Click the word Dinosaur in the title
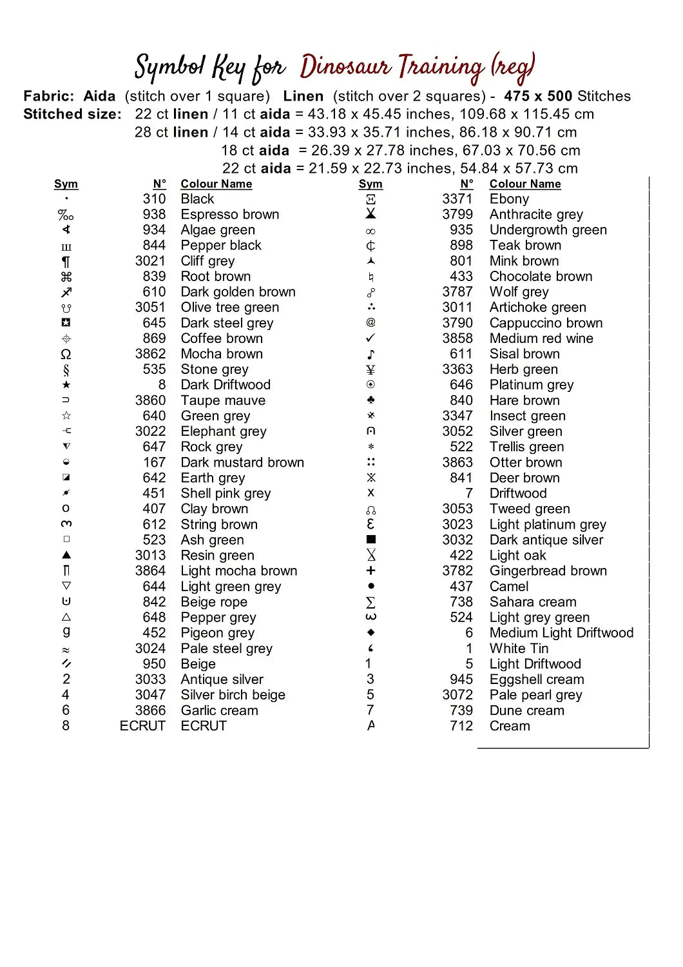[x=345, y=67]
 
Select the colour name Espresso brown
[x=229, y=215]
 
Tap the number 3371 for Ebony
[x=457, y=199]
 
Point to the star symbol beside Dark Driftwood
[x=66, y=385]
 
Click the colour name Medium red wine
[x=541, y=338]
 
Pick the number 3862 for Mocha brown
[x=150, y=354]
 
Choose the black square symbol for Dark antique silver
[x=370, y=540]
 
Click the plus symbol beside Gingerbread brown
[x=370, y=571]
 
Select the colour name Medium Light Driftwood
[x=561, y=633]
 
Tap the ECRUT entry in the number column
[x=142, y=726]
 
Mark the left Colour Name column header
[x=216, y=184]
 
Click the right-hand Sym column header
[x=370, y=184]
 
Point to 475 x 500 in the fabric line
[x=538, y=97]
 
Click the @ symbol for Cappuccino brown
[x=370, y=322]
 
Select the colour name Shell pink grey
[x=226, y=494]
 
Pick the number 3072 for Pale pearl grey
[x=457, y=695]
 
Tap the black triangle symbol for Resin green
[x=66, y=555]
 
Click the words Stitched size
[x=72, y=115]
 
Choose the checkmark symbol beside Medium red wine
[x=370, y=338]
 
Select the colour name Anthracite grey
[x=535, y=215]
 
